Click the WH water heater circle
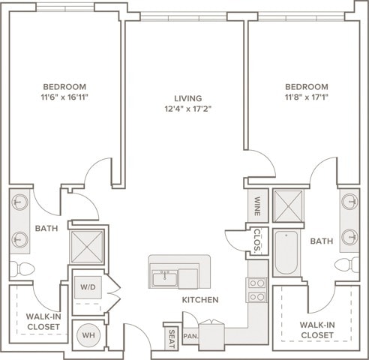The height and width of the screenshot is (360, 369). [88, 335]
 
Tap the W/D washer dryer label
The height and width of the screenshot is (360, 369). [88, 287]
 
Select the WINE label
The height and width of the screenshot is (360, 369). [257, 206]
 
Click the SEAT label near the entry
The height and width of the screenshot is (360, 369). [172, 339]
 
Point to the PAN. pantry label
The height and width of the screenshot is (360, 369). [191, 336]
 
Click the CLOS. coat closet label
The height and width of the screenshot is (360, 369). [257, 240]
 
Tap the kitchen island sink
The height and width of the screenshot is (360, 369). [165, 279]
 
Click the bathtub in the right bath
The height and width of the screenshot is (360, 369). [286, 253]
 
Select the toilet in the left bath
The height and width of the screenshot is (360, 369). [22, 269]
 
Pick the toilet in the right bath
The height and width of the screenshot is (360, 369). [346, 265]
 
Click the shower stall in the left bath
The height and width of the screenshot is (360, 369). [87, 247]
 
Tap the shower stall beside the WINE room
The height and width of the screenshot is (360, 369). [289, 206]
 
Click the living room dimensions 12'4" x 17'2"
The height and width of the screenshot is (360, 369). [188, 109]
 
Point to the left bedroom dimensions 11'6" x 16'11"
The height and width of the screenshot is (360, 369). [64, 97]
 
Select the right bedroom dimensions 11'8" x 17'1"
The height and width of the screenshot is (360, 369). [307, 97]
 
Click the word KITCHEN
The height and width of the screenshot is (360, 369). [200, 300]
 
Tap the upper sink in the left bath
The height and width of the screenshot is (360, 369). [20, 202]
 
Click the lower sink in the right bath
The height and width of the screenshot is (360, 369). [349, 237]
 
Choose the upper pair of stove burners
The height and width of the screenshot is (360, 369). [257, 283]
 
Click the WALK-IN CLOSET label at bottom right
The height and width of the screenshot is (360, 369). [317, 330]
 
